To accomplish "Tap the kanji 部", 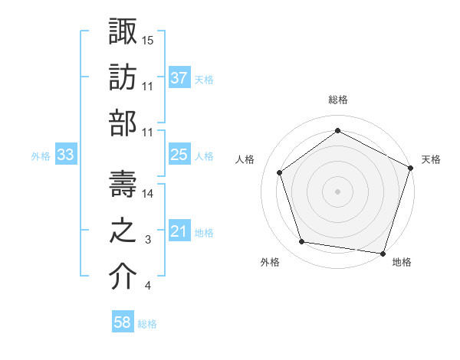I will click(x=123, y=123).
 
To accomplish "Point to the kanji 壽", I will click(x=123, y=185).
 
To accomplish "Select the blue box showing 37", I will click(x=179, y=78).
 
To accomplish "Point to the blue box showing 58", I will click(x=123, y=322).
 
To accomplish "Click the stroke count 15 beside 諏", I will click(x=148, y=40).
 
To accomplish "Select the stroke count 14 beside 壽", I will click(x=148, y=195).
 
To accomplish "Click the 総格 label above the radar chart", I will click(x=337, y=100).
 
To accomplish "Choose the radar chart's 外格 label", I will click(x=270, y=262).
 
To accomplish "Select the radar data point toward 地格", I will click(x=383, y=253).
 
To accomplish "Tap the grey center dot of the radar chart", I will click(x=337, y=191).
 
